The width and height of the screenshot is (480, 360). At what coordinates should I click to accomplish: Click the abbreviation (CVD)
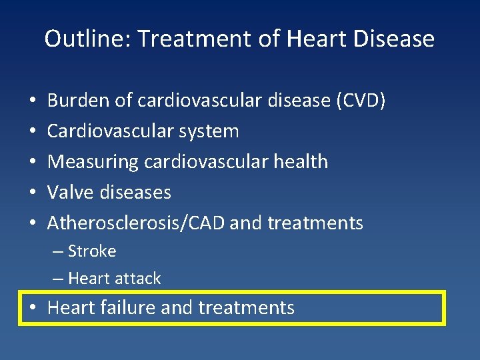coord(361,101)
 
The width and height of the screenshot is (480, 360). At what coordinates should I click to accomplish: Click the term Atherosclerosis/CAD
coord(136,223)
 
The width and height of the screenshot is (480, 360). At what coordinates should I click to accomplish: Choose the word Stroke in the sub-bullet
coord(92,251)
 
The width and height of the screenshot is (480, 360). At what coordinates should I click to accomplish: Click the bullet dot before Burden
coord(33,101)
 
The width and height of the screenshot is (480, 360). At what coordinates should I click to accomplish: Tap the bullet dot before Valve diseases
coord(33,193)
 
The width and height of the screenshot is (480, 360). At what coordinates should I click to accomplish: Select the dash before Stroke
coord(57,252)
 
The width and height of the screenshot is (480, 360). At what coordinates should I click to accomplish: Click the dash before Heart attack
coord(57,279)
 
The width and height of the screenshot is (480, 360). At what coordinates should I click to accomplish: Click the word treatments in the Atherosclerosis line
coord(315,223)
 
